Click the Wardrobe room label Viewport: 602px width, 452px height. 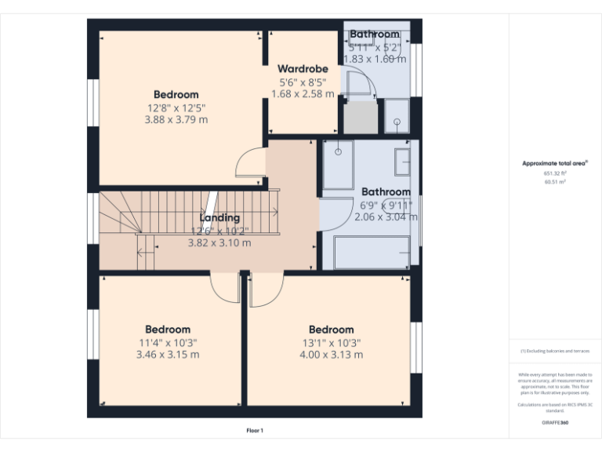click(303, 69)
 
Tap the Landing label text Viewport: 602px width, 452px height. click(219, 217)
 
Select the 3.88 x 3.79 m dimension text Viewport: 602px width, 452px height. click(176, 120)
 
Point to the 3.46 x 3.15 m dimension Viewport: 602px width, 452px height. click(168, 355)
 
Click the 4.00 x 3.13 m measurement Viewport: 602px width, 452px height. click(331, 355)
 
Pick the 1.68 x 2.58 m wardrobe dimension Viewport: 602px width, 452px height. click(303, 94)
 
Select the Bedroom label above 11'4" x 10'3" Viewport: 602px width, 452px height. click(168, 330)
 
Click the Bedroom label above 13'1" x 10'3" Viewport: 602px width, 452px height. click(331, 330)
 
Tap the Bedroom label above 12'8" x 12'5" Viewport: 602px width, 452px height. click(176, 95)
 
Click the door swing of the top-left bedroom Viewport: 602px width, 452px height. click(250, 162)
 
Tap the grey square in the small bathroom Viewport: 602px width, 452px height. click(361, 118)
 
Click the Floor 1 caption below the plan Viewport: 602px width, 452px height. click(255, 430)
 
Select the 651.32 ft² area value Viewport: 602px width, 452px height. click(555, 173)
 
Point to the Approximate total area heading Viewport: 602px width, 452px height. click(555, 163)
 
